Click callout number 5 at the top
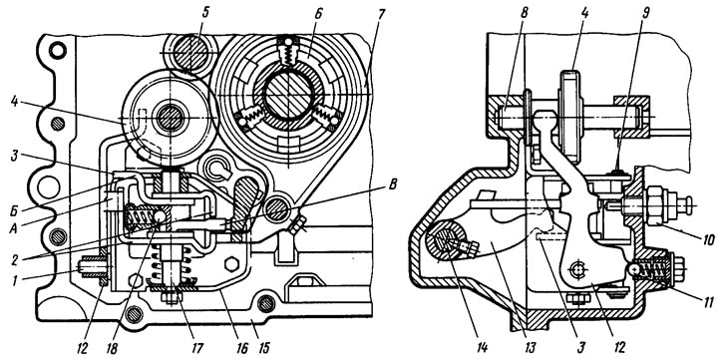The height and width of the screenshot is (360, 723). click(x=205, y=13)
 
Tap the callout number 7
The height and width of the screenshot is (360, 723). click(x=380, y=13)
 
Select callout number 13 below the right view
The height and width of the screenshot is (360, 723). click(x=531, y=346)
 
